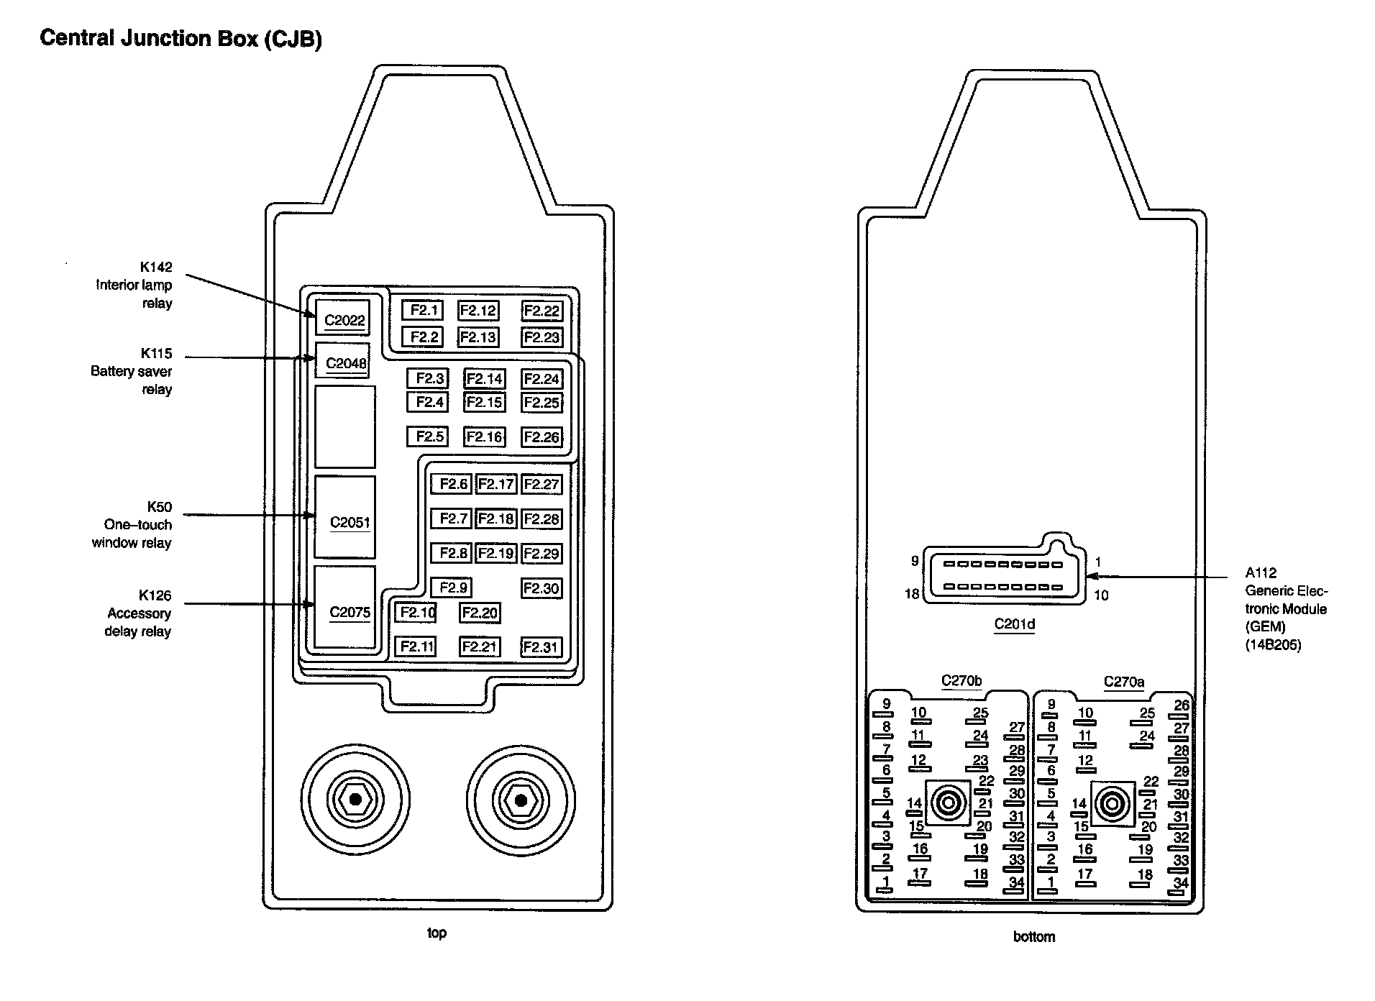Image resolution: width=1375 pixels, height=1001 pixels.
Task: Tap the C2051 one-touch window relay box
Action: click(345, 518)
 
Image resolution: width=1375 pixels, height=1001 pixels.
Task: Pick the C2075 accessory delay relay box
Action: click(345, 608)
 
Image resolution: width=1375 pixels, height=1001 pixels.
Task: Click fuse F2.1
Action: click(423, 310)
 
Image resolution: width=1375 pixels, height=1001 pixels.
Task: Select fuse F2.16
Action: click(484, 436)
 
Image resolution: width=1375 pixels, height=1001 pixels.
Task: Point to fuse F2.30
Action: click(541, 588)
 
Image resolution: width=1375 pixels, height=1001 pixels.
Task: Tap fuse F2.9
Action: click(452, 588)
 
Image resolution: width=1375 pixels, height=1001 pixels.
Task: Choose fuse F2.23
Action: click(541, 337)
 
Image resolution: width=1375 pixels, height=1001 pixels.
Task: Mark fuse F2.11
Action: click(416, 646)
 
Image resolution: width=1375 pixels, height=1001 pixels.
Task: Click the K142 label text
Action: click(156, 267)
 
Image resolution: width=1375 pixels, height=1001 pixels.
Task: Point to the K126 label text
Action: click(155, 595)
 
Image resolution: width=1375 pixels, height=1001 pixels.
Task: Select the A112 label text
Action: click(1261, 573)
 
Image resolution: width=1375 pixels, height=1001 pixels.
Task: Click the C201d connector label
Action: click(1014, 624)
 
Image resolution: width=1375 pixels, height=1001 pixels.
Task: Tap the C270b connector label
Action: click(961, 680)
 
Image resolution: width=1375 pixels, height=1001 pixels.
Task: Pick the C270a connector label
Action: click(1124, 681)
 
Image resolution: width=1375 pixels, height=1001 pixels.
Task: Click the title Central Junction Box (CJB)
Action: click(181, 38)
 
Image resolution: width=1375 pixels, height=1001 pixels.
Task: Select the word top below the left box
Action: click(437, 933)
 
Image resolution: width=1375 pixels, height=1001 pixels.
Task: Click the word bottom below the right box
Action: click(1033, 936)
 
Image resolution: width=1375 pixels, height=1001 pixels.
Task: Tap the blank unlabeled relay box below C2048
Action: click(345, 427)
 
